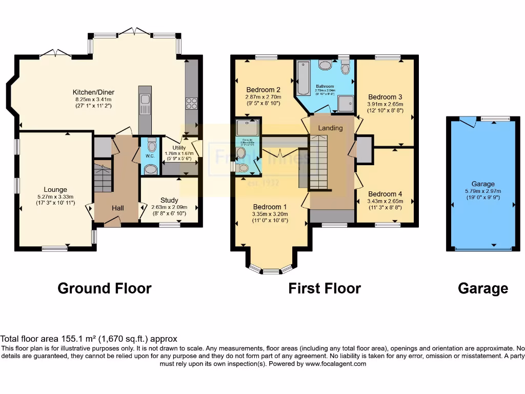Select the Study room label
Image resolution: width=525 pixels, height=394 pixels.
169,200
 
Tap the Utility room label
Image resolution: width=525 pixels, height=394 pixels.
179,147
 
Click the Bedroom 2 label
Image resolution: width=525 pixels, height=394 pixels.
263,89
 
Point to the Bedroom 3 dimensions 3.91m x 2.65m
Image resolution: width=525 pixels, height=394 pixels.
385,104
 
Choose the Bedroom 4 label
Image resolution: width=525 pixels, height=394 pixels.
385,194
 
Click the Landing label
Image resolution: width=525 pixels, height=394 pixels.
330,128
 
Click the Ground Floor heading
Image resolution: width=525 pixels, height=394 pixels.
105,288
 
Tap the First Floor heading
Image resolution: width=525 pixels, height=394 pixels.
325,288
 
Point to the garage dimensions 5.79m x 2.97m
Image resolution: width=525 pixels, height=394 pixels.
483,191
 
